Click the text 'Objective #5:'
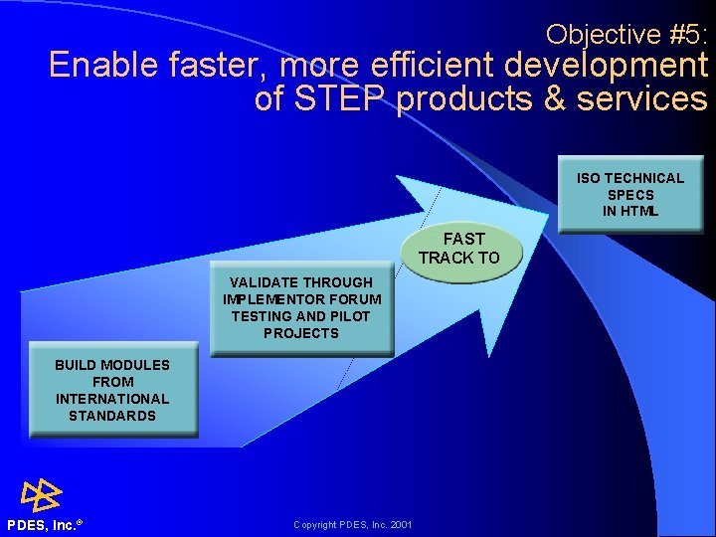[x=626, y=35]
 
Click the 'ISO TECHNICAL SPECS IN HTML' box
[x=630, y=195]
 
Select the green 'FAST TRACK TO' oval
[x=458, y=249]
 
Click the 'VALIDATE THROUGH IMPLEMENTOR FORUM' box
[x=301, y=308]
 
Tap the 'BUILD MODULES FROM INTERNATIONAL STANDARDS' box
[x=112, y=391]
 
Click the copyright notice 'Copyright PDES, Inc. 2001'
[x=353, y=525]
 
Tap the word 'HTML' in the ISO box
[x=630, y=212]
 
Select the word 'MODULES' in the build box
[x=134, y=365]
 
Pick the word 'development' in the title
[x=605, y=67]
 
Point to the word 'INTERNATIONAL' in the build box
[x=112, y=399]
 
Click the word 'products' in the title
[x=464, y=99]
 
